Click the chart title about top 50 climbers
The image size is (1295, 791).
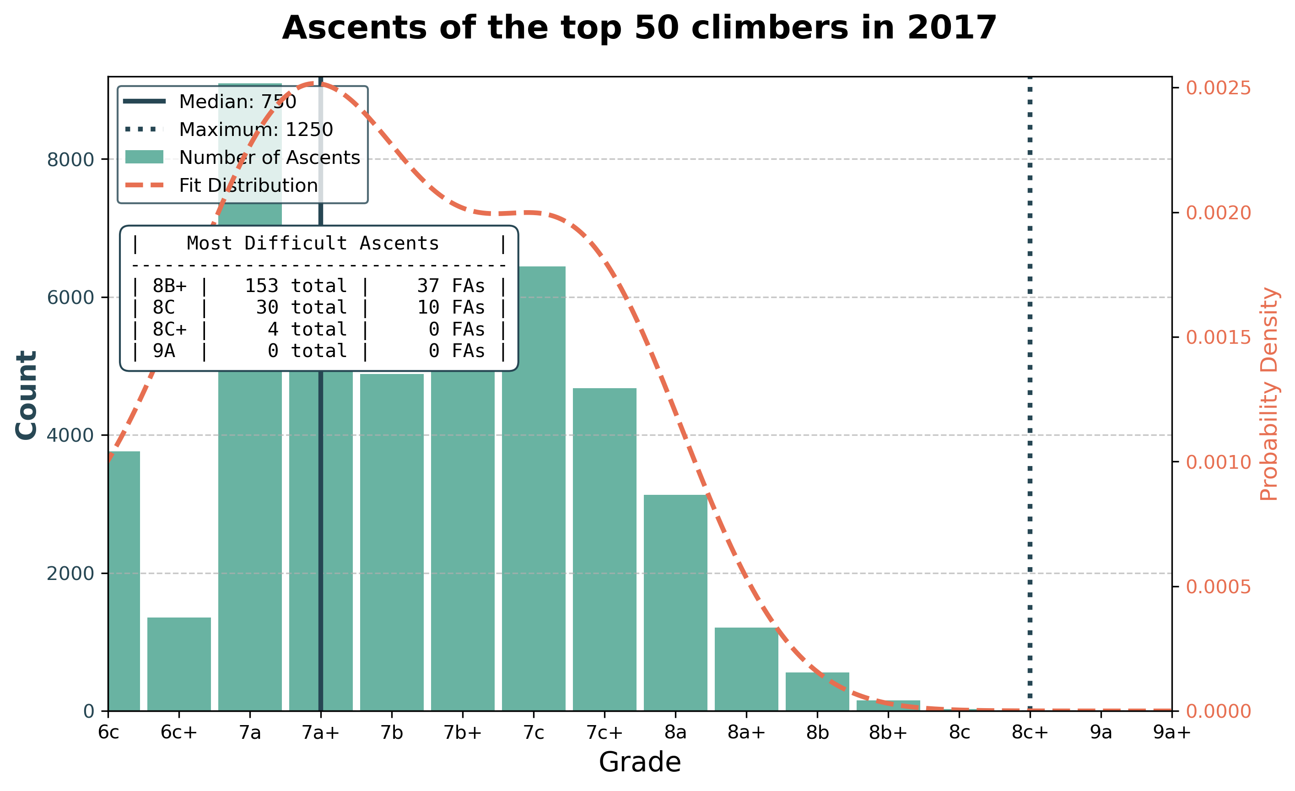639,28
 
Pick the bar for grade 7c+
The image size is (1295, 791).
604,549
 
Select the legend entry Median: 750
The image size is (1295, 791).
237,102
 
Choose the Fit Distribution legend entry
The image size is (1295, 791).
248,185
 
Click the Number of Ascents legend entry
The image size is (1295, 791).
269,157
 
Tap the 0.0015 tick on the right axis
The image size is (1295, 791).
1218,337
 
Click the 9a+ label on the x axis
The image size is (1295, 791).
1171,732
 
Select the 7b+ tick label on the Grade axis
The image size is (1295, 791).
463,732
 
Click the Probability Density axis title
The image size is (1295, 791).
1269,394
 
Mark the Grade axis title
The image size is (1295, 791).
639,762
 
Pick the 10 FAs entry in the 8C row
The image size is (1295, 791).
450,308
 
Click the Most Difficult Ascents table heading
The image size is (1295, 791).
313,244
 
